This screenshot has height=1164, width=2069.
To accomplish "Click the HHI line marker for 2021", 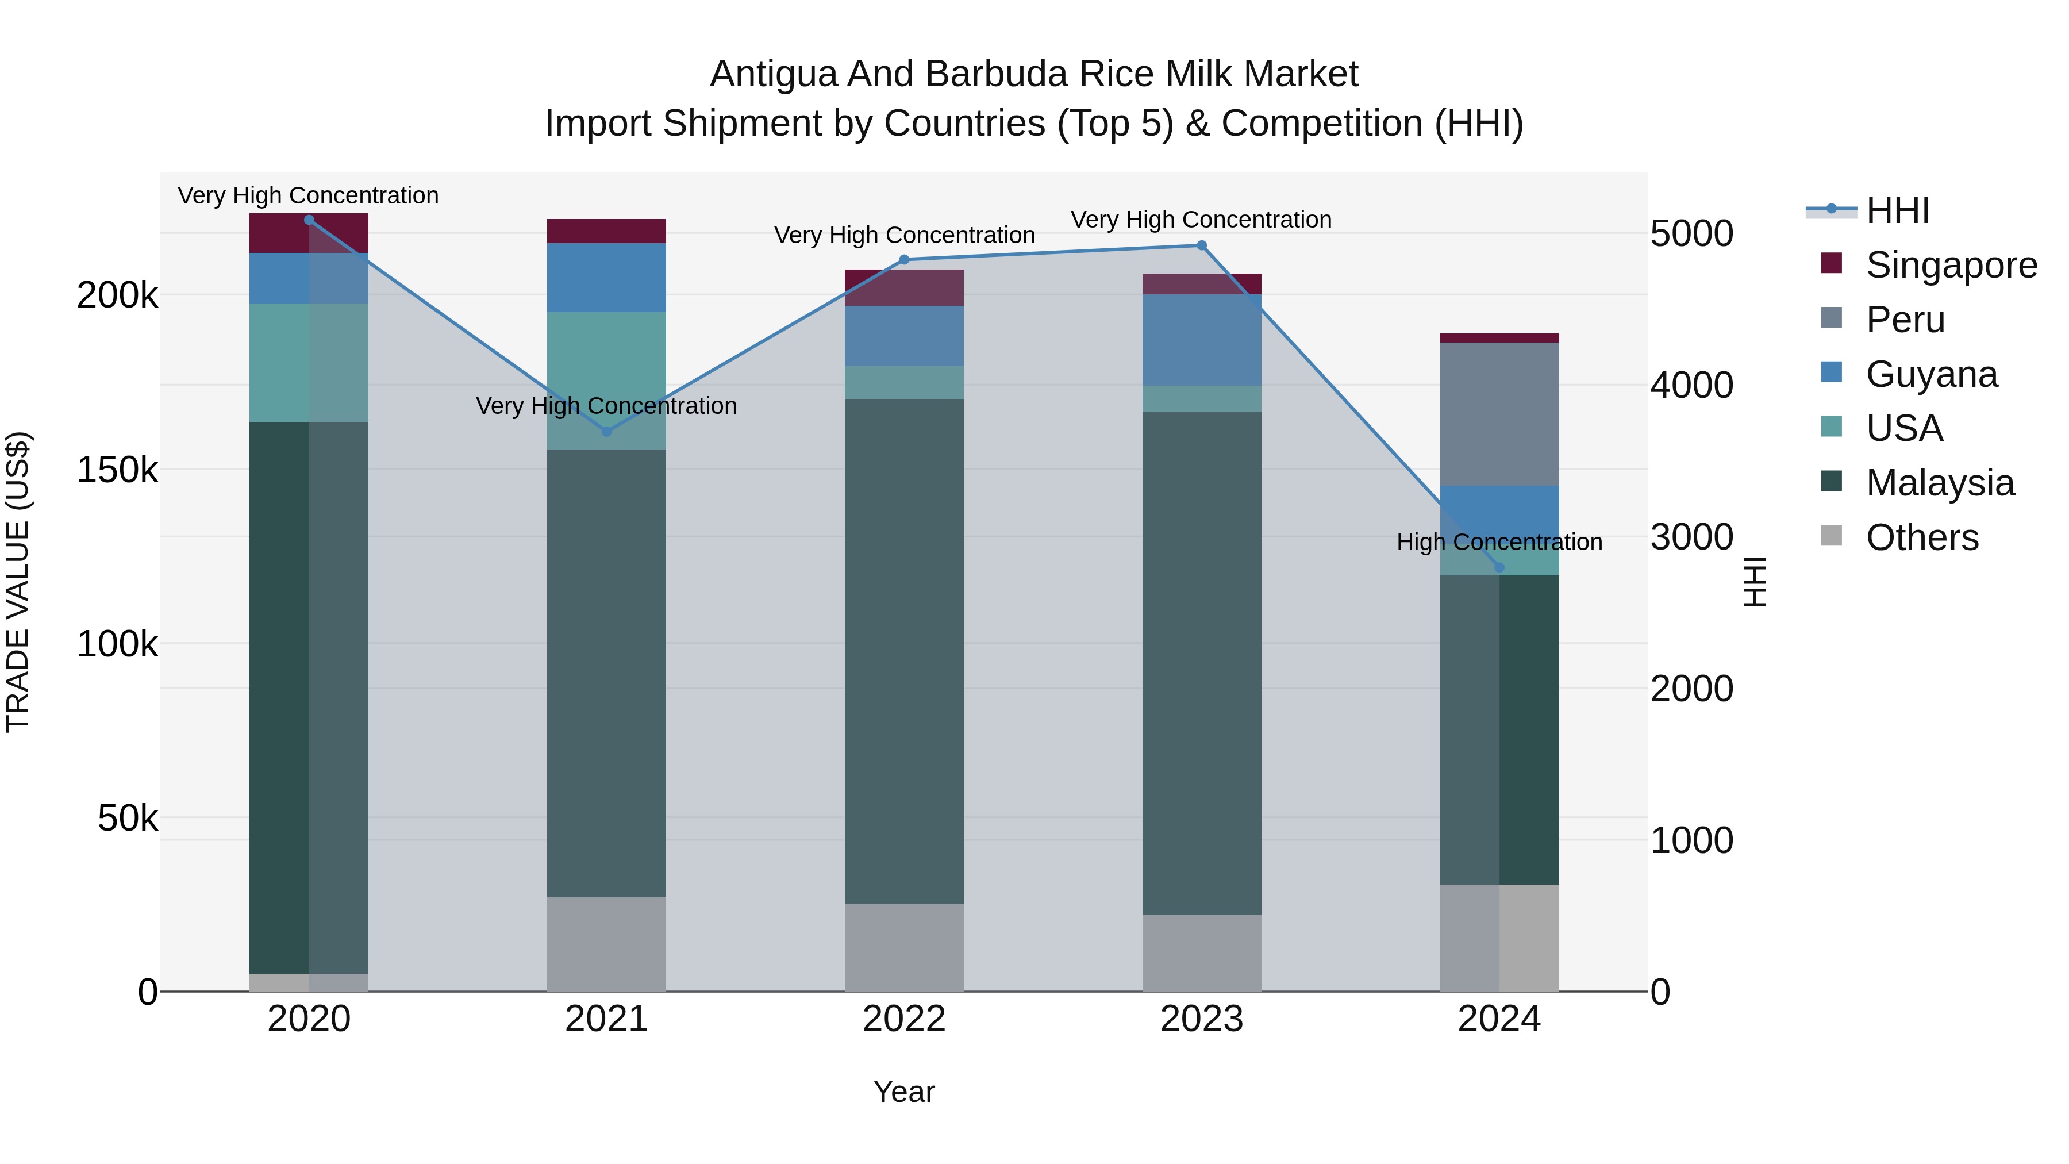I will point(606,431).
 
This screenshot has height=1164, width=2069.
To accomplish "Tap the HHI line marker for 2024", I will point(1499,568).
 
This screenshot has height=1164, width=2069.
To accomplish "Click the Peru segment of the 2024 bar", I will point(1499,414).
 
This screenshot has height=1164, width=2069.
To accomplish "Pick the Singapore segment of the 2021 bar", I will point(606,231).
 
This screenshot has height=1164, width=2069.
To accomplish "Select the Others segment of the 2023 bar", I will point(1202,952).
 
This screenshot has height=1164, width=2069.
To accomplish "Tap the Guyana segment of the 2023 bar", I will point(1202,340).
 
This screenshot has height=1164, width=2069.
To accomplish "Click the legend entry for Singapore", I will point(1950,265).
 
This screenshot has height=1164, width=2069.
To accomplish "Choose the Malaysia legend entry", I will point(1939,483).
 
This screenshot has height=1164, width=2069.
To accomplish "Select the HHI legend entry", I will point(1897,210).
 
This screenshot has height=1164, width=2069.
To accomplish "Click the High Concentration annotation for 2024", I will point(1499,542).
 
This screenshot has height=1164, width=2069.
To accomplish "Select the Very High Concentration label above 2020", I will point(309,195).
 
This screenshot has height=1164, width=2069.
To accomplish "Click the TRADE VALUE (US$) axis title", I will point(18,582).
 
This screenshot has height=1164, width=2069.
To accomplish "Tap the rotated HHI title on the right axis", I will point(1756,582).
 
